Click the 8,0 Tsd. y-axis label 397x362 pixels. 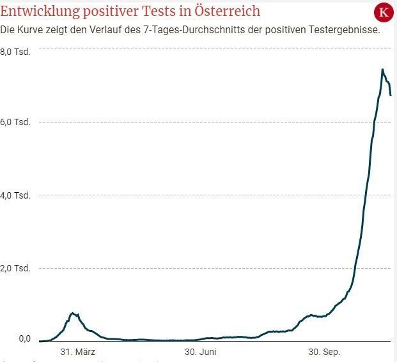15,51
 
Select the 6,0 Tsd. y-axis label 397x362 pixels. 15,122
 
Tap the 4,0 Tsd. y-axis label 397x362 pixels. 15,195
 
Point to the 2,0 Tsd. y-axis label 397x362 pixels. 15,268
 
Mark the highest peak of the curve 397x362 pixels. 382,69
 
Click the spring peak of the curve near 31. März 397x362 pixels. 74,313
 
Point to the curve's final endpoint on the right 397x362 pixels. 390,95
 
